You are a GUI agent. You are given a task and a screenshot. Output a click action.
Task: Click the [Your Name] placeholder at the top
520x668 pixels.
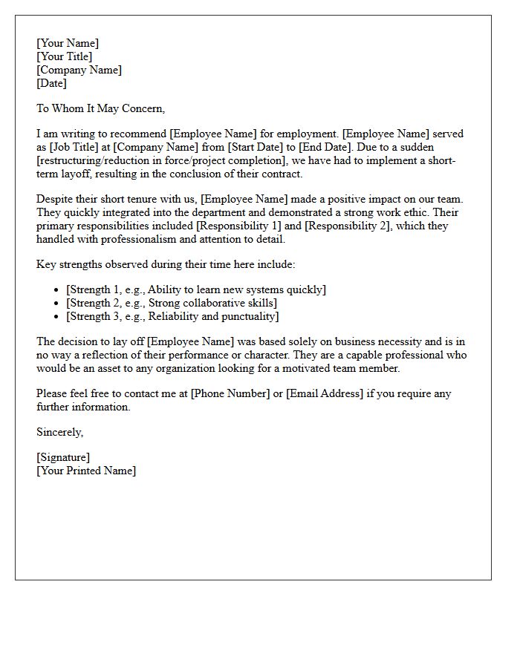tap(68, 43)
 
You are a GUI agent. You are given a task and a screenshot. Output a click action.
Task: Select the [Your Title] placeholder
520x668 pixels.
tap(65, 56)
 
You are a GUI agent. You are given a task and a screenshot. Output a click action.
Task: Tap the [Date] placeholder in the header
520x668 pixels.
tap(52, 83)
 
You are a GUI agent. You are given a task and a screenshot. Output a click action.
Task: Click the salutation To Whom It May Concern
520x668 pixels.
tap(100, 108)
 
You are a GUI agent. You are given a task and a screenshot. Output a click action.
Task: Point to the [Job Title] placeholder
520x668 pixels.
tap(78, 147)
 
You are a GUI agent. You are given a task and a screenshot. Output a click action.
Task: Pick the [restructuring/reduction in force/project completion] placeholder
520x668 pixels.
tap(161, 160)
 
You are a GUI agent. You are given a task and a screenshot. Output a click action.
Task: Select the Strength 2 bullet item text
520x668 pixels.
tap(172, 303)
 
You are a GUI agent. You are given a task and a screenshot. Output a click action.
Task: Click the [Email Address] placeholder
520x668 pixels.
tap(325, 393)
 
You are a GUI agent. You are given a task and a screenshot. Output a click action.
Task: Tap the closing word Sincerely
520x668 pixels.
tap(60, 432)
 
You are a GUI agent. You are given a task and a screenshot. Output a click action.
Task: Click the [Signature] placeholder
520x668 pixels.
tap(63, 457)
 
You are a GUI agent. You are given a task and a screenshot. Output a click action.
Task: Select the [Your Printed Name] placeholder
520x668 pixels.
tap(86, 471)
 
